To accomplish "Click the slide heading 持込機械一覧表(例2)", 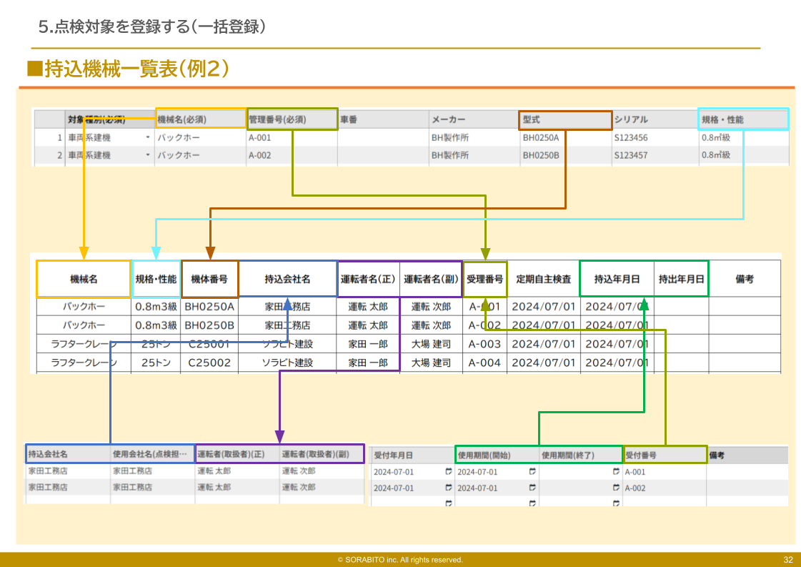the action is [129, 69].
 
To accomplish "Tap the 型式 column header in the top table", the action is [565, 119].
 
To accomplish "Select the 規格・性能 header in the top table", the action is [742, 119].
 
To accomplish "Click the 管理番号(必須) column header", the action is [292, 119].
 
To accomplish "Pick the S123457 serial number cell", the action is [631, 155].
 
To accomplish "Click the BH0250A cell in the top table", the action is [541, 137].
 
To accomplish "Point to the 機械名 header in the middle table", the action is [84, 279].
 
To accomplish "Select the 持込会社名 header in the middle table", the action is [287, 279].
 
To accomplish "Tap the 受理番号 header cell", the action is [485, 279].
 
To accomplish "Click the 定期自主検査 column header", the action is [543, 279].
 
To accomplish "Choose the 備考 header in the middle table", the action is [745, 279].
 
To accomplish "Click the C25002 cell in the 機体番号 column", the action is [209, 363].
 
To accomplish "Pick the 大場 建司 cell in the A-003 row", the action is [431, 344].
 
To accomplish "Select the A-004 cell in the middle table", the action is [484, 363].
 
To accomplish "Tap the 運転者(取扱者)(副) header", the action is [322, 454].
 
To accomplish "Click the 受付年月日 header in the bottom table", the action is [394, 455].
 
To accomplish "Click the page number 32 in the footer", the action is [788, 560].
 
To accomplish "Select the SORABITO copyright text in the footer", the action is [400, 560].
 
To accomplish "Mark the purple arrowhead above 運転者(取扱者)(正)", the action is [279, 436].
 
